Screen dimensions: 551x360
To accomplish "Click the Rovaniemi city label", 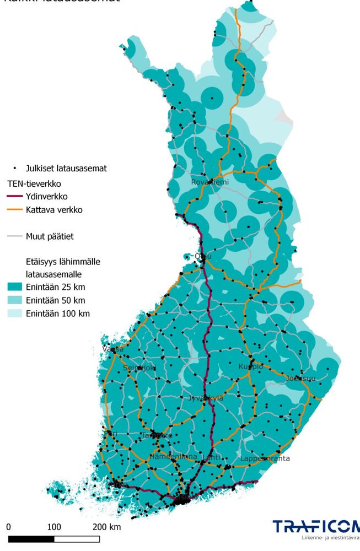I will [209, 182].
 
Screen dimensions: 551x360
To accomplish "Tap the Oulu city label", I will [203, 256].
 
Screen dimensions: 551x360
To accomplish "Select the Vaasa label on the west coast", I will [113, 349].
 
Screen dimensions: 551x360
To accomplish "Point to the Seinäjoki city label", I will [140, 368].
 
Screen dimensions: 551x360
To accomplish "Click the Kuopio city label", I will [251, 366].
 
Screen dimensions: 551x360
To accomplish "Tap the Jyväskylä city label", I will [206, 398].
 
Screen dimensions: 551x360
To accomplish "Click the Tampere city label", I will [157, 435].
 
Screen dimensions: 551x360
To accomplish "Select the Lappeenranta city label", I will [265, 458].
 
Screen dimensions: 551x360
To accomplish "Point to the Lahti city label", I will [212, 457].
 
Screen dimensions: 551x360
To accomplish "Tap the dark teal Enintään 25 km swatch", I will [14, 287].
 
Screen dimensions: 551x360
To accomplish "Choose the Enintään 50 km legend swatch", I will [14, 300].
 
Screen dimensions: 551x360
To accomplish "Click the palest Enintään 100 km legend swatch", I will [14, 314].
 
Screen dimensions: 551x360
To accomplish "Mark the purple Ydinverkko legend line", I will [14, 196].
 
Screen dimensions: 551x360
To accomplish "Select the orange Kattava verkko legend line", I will [14, 210].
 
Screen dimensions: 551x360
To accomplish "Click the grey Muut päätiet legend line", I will [14, 237].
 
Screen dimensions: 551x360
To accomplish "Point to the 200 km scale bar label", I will [106, 527].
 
